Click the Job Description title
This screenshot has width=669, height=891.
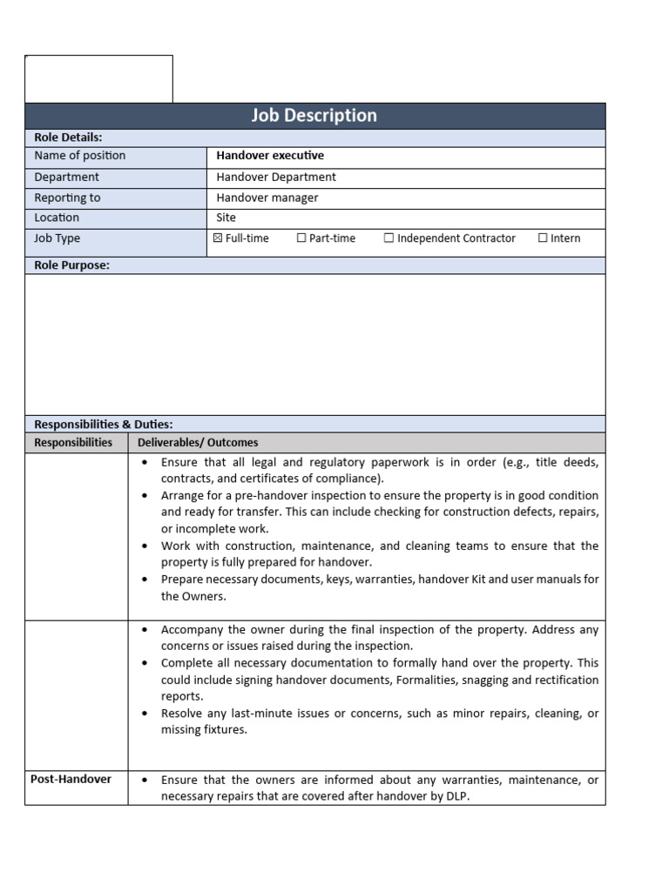(x=314, y=116)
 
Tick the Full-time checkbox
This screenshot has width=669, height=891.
(x=218, y=238)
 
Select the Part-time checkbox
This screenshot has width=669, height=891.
(x=301, y=238)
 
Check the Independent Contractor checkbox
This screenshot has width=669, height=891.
(x=389, y=238)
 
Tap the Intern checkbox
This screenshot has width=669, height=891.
(x=543, y=238)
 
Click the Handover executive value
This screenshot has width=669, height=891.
(x=270, y=156)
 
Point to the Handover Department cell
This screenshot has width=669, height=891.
(x=276, y=177)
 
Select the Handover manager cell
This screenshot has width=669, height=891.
(x=267, y=198)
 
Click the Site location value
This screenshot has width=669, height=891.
(x=226, y=218)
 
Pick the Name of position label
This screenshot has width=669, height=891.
(x=79, y=156)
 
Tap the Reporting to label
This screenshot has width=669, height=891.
(x=67, y=198)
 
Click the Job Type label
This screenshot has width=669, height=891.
(x=57, y=238)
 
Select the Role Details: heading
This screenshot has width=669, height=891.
(x=68, y=137)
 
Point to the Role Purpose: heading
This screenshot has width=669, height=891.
(x=71, y=265)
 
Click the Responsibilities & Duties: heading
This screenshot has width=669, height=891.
(x=103, y=425)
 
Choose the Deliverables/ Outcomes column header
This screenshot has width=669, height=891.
(x=198, y=443)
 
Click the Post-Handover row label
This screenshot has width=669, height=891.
(x=71, y=780)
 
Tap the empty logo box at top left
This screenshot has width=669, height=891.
(x=98, y=78)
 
